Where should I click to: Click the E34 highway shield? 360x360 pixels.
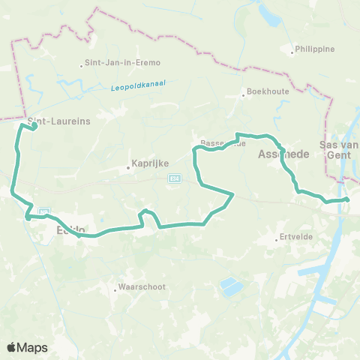(175, 178)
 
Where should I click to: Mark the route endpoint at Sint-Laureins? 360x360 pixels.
(34, 126)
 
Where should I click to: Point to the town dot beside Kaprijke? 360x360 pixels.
(128, 167)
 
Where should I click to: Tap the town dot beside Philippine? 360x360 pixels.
(292, 52)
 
